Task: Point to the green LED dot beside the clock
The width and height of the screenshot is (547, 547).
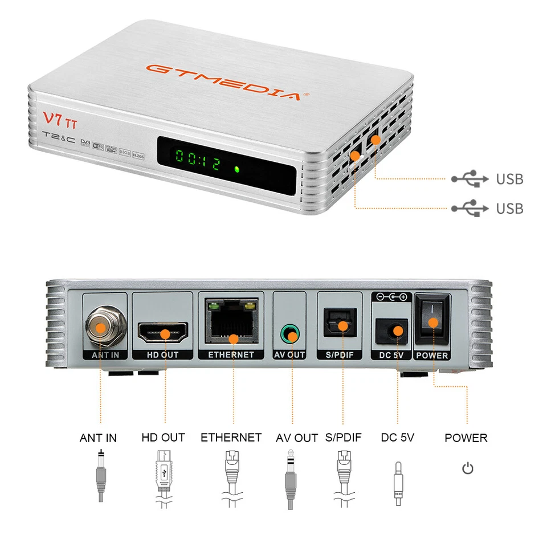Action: [x=236, y=169]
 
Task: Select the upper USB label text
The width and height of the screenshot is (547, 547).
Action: [x=509, y=179]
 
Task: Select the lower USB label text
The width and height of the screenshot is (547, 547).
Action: [x=509, y=209]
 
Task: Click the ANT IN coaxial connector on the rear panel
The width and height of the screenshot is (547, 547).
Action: [x=101, y=327]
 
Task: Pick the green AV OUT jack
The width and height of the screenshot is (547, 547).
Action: [x=292, y=334]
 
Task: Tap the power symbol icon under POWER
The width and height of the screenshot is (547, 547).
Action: [x=468, y=469]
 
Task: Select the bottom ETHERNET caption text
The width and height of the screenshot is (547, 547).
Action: [x=231, y=438]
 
